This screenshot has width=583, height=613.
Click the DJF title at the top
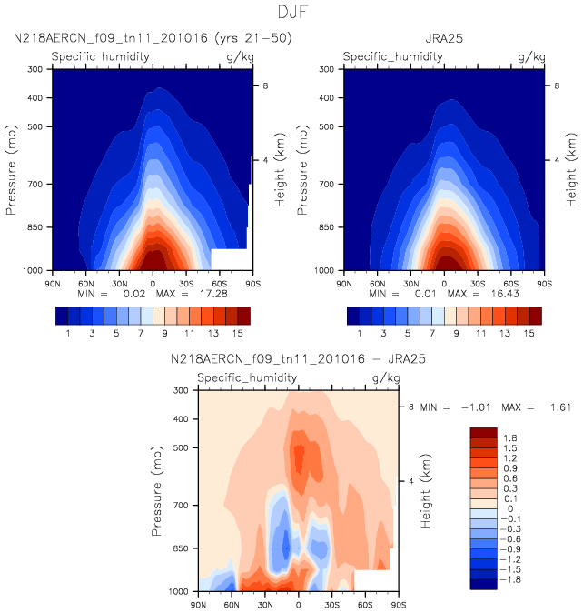291,13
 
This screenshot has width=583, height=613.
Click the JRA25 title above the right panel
444,39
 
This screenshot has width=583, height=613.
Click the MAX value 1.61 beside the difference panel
560,407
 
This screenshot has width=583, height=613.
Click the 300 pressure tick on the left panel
37,69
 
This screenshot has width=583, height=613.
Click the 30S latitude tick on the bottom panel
332,604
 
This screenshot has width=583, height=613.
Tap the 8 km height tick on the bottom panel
410,407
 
